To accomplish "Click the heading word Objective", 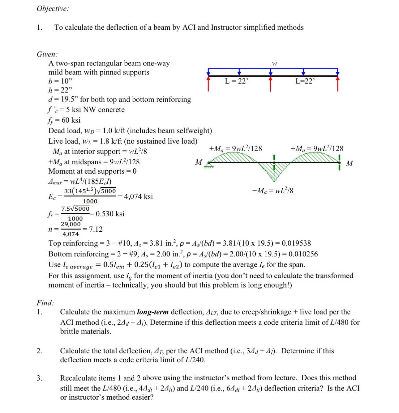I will [x=53, y=9].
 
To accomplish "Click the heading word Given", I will [x=47, y=54].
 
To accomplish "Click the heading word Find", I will [x=45, y=303].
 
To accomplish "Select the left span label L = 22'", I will [x=237, y=81].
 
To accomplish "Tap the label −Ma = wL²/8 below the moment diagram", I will [x=273, y=191].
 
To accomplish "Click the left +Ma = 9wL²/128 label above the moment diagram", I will [x=235, y=149].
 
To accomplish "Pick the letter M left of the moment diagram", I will [x=199, y=162].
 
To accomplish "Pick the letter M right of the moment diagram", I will [x=350, y=163].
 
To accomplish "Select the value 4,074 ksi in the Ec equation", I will [x=138, y=196].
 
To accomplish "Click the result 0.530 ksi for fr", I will [x=110, y=214].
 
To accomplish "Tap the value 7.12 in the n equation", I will [x=96, y=229].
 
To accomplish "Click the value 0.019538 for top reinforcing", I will [x=296, y=243].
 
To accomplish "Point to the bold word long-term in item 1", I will [x=153, y=312].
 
